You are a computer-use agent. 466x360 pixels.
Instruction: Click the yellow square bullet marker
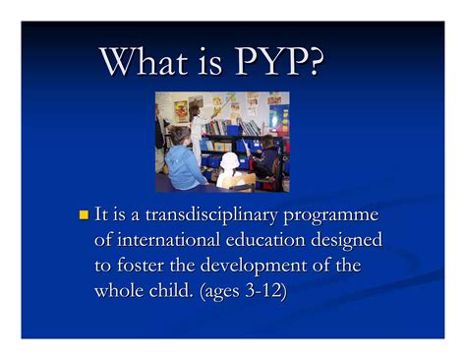[x=83, y=214]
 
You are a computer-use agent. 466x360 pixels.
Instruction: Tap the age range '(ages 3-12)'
[x=255, y=292]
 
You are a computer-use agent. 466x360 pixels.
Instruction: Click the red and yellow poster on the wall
[x=181, y=110]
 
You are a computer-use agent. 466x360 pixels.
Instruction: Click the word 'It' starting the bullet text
[x=102, y=215]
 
